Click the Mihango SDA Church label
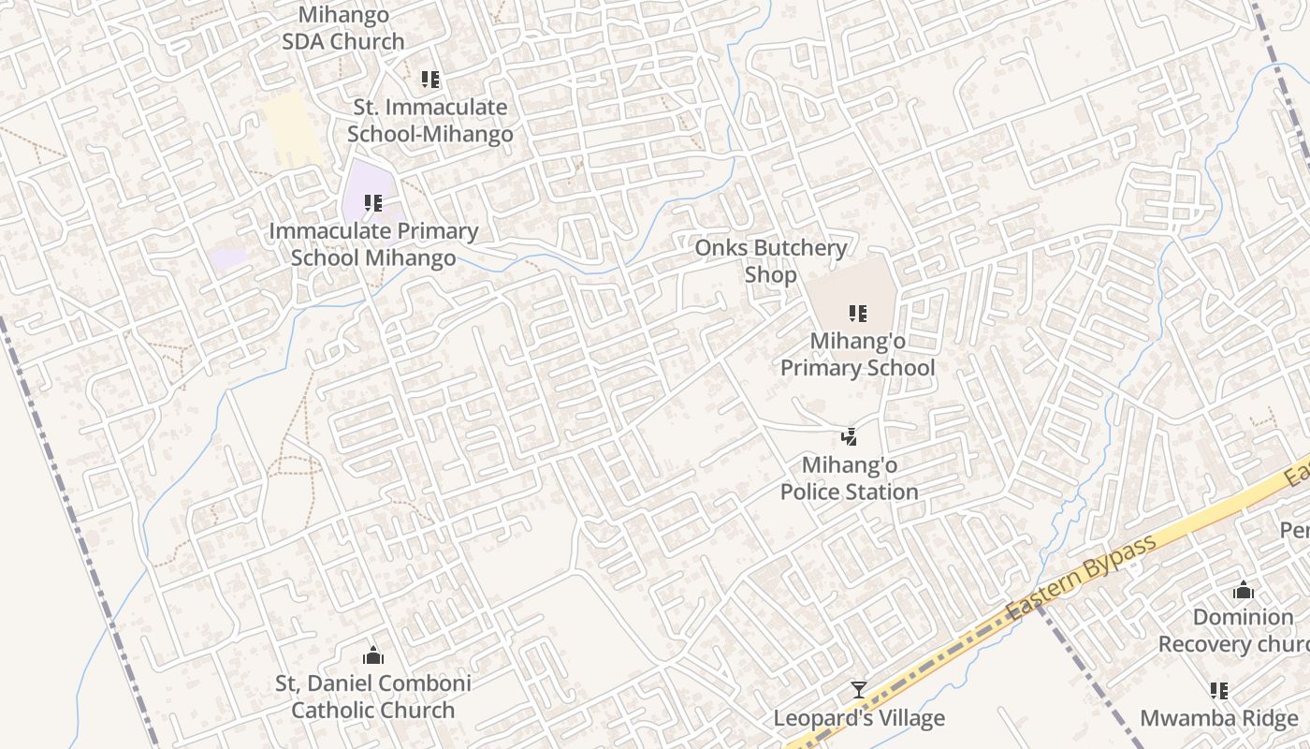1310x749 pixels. coord(343,28)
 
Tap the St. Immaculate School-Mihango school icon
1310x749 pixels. coord(429,80)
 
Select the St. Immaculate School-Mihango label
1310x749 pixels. coord(430,121)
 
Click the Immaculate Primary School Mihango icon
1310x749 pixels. coord(373,202)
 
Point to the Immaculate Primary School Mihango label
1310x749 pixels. coord(373,244)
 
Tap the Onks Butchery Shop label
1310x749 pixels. coord(771,261)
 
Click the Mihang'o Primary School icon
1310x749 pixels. coord(857,314)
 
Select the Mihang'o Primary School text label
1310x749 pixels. coord(857,354)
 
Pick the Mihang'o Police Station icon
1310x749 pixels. coord(849,436)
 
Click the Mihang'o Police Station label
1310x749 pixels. coord(849,478)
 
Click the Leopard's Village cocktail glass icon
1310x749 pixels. coord(859,691)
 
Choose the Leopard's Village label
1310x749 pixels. coord(859,719)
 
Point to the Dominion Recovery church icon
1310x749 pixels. coord(1244,590)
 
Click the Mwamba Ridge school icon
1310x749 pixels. coord(1219,691)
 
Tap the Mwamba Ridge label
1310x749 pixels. coord(1219,719)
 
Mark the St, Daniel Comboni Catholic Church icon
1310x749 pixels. coord(373,654)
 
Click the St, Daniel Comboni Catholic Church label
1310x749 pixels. coord(373,697)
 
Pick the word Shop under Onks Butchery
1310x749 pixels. coord(771,275)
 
